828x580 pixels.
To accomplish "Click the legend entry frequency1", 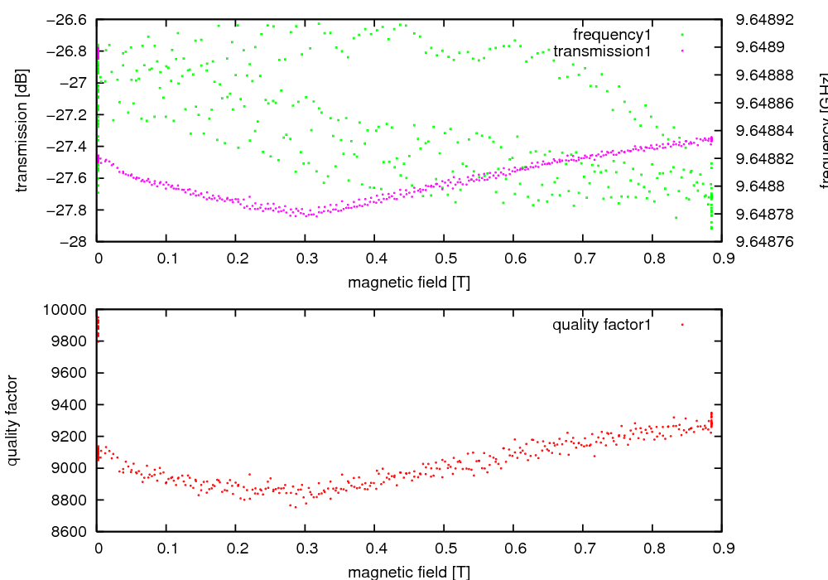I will [x=612, y=35].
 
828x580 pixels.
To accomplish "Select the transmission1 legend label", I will [x=602, y=51].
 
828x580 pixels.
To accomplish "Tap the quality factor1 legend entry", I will [x=602, y=325].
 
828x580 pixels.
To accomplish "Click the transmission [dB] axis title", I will [x=22, y=130].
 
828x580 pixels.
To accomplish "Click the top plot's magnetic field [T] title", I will [x=409, y=283].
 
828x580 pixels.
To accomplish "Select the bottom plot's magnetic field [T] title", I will [x=409, y=573].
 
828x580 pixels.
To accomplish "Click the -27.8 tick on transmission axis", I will [x=70, y=210].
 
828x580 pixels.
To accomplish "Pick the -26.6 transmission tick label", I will [x=70, y=19].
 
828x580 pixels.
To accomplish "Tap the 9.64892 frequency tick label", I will [x=770, y=19].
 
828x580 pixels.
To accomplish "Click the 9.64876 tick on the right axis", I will [x=770, y=242].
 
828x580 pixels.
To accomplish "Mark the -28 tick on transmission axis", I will [x=76, y=242].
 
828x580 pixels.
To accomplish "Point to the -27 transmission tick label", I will [x=76, y=83].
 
